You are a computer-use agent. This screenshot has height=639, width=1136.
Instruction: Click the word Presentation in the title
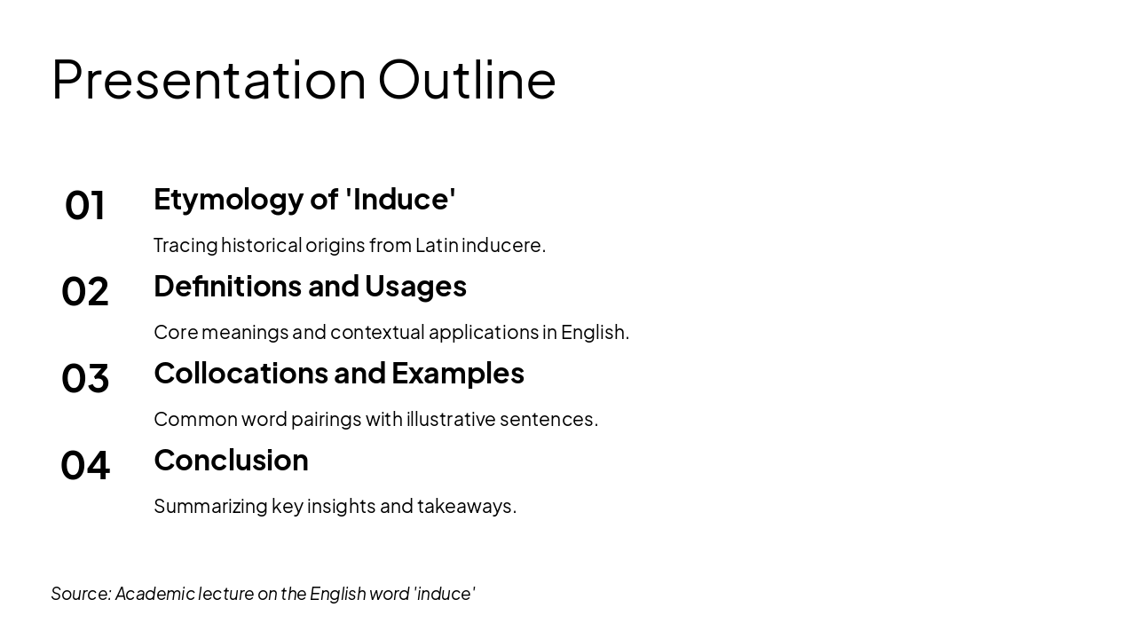tap(209, 80)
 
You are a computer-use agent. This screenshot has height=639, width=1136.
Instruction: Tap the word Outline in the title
tap(467, 80)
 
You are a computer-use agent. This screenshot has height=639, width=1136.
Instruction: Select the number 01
tap(85, 205)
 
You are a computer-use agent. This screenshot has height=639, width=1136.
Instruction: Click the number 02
tap(85, 292)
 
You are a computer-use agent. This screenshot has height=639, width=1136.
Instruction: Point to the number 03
tap(85, 379)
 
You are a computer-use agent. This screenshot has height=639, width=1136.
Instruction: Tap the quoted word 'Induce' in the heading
tap(400, 199)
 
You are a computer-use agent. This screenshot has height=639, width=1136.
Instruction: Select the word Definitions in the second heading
tap(228, 286)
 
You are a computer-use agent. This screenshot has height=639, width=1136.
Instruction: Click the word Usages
tap(415, 286)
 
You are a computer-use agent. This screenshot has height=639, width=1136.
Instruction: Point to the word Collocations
tap(242, 373)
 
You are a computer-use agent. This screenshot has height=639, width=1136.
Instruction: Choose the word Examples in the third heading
tap(458, 373)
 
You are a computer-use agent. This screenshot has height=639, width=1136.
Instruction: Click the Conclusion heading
tap(231, 460)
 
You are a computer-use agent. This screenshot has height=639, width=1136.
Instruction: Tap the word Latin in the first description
tap(437, 245)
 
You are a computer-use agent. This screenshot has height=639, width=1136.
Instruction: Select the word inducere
tap(503, 245)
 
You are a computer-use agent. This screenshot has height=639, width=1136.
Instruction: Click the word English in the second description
tap(595, 332)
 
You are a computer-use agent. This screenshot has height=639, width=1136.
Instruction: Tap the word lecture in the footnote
tap(226, 594)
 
